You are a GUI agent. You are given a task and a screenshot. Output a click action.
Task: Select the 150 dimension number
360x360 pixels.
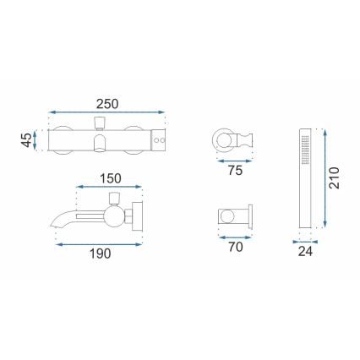tap(110, 180)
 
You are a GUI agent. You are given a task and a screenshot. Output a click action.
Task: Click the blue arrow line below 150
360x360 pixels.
tap(108, 189)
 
